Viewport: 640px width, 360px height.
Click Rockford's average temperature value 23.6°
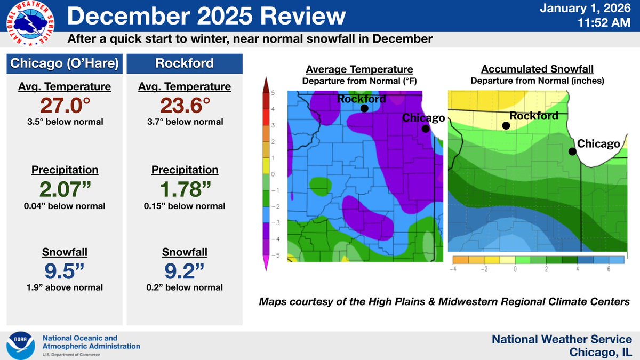(185, 106)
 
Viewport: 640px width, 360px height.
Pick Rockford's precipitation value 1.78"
(185, 189)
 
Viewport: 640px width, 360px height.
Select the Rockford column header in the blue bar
(185, 63)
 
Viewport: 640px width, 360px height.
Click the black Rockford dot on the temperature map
(364, 108)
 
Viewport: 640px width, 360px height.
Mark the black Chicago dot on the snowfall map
(572, 151)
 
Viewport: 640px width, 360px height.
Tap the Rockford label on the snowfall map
(534, 116)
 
